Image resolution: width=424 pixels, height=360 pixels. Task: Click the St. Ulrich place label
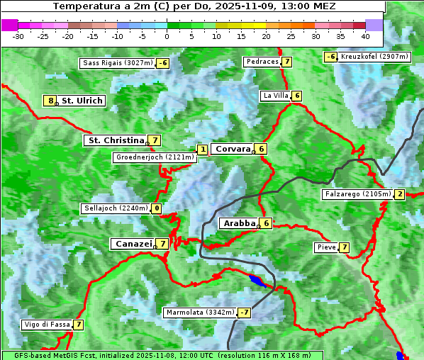82,101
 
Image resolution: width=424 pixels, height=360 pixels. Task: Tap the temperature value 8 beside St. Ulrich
50,101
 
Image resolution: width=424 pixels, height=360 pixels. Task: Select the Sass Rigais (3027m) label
118,63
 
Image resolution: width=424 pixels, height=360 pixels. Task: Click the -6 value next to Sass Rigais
163,63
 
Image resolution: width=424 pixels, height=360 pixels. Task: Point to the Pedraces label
262,62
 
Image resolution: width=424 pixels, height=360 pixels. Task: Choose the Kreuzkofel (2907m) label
374,56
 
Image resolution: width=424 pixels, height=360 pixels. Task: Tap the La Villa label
275,96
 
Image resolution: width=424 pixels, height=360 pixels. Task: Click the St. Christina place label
115,140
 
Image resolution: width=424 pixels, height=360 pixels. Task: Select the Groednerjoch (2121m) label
154,157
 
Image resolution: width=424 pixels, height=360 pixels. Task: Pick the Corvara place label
233,149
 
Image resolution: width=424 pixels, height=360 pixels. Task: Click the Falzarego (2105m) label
357,194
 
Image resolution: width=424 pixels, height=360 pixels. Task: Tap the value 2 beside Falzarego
400,194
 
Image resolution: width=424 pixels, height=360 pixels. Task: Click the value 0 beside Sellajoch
156,208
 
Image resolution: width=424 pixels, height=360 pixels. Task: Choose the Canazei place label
133,243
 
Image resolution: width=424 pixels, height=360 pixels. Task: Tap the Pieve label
326,247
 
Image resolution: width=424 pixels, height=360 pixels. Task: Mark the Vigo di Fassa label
48,325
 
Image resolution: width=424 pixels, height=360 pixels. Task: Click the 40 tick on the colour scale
365,35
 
